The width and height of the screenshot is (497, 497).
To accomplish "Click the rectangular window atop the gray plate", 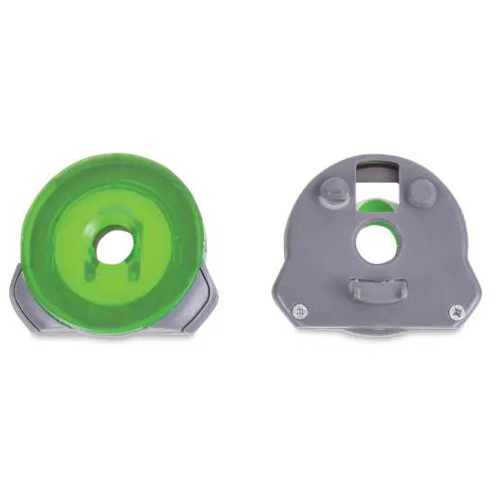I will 377,174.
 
